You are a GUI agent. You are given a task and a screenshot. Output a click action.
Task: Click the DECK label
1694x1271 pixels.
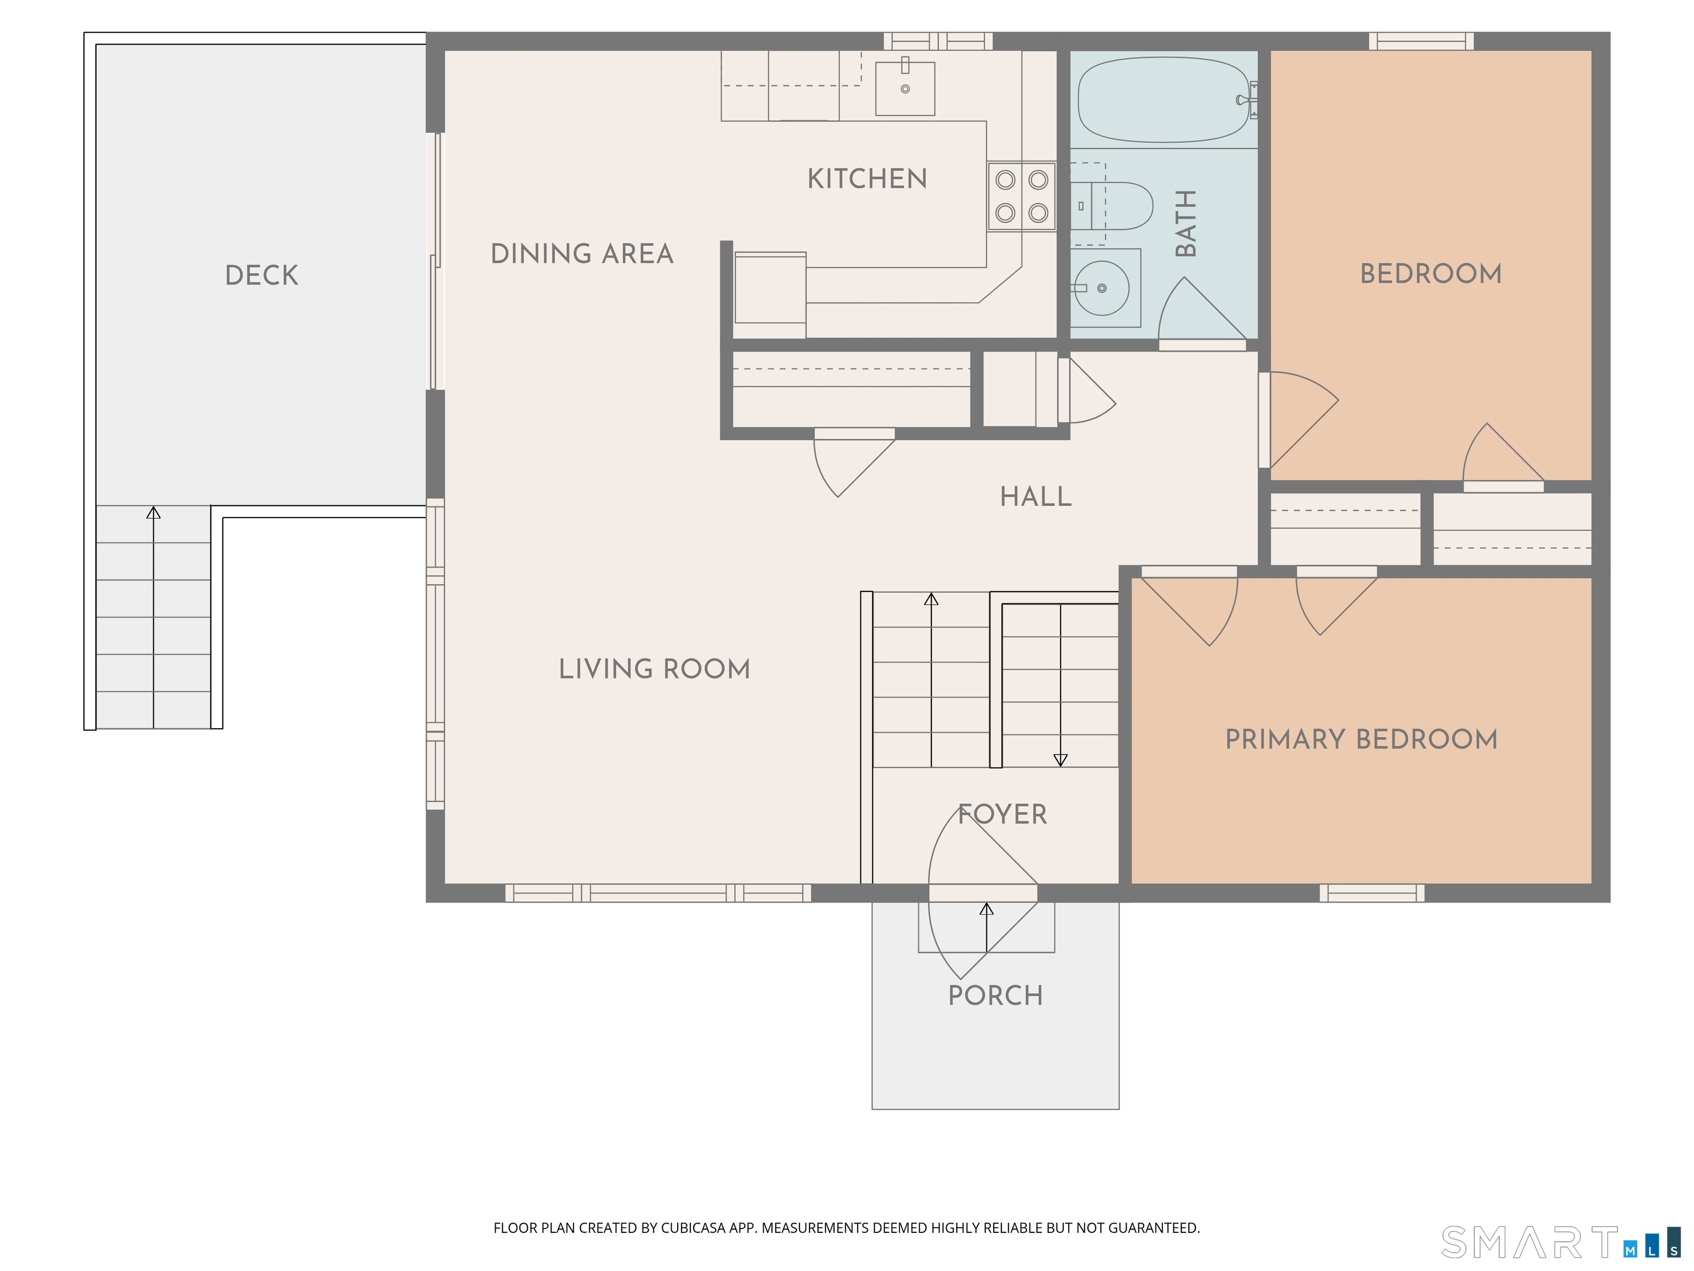point(261,275)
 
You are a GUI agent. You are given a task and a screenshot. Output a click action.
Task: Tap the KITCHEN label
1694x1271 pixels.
point(867,179)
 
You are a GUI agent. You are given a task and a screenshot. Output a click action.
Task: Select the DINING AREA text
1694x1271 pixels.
point(582,254)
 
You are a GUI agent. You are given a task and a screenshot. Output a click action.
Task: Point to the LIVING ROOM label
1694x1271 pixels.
point(654,669)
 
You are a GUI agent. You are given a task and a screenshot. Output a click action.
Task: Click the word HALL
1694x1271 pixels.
point(1036,496)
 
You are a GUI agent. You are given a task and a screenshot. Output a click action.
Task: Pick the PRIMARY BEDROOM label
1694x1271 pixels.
point(1361,739)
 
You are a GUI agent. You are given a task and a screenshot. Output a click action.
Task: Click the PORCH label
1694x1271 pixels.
point(995,995)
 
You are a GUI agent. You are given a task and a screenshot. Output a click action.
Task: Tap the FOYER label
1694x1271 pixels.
point(1003,814)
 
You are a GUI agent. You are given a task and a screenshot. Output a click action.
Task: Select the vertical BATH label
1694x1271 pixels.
point(1186,224)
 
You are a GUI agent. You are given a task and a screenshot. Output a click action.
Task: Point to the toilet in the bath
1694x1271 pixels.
point(1111,205)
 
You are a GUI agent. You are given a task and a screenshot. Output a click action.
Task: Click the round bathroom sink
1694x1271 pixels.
point(1101,288)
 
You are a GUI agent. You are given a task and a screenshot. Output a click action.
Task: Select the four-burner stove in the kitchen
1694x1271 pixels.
point(1022,196)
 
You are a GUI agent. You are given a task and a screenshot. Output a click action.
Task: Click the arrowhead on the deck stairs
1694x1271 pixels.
point(153,512)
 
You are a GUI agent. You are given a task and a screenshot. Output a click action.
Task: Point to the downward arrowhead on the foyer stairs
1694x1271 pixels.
point(1060,760)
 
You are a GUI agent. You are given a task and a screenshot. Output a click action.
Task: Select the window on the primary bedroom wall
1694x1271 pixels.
point(1371,893)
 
